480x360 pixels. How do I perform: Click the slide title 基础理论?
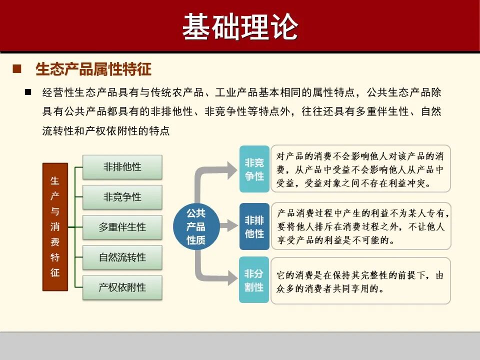point(240,26)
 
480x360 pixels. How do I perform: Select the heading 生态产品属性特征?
point(93,69)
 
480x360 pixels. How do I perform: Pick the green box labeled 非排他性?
point(122,167)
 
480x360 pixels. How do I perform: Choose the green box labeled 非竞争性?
point(122,197)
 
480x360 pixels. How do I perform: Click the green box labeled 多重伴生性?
point(122,227)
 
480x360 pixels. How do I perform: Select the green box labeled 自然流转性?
point(122,257)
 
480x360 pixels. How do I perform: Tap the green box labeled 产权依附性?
point(122,287)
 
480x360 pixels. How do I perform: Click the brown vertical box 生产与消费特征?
point(55,226)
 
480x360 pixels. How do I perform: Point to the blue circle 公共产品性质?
point(196,226)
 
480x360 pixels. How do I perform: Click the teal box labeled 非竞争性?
point(254,169)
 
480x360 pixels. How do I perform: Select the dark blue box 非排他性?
point(254,226)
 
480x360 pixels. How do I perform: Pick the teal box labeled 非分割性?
point(254,280)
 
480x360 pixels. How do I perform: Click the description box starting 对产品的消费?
point(360,169)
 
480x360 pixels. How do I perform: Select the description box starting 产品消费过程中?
point(360,226)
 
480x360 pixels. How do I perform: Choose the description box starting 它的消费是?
point(360,281)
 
